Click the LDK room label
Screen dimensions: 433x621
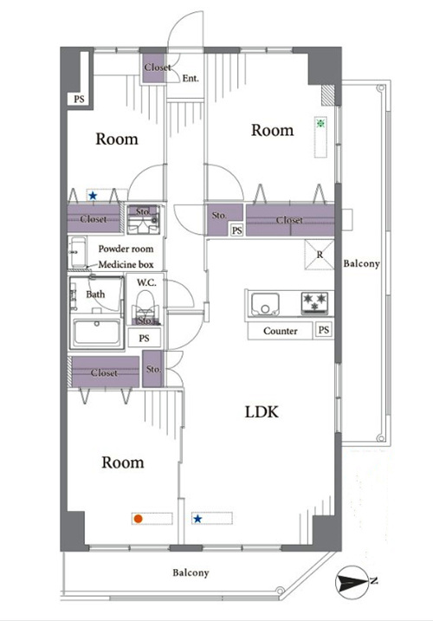pos(262,412)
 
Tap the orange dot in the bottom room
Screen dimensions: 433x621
pos(138,519)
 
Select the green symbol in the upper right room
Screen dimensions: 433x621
pos(320,123)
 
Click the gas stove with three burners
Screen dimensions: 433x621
pos(315,303)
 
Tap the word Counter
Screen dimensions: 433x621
pos(280,331)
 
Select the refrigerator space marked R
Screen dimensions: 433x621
pos(320,255)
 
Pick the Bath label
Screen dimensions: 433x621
pos(95,294)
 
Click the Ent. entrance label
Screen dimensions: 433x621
pos(191,79)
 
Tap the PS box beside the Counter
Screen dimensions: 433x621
pos(324,329)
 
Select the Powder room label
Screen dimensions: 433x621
pos(126,249)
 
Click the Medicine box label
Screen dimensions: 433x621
pos(126,264)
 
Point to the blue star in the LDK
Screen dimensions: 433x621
pos(197,519)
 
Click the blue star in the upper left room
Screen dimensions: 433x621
pos(93,196)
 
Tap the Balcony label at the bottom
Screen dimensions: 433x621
pos(191,572)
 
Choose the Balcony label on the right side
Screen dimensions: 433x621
pos(361,263)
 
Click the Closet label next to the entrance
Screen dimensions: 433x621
pos(158,68)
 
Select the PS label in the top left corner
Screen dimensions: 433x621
pos(79,99)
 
